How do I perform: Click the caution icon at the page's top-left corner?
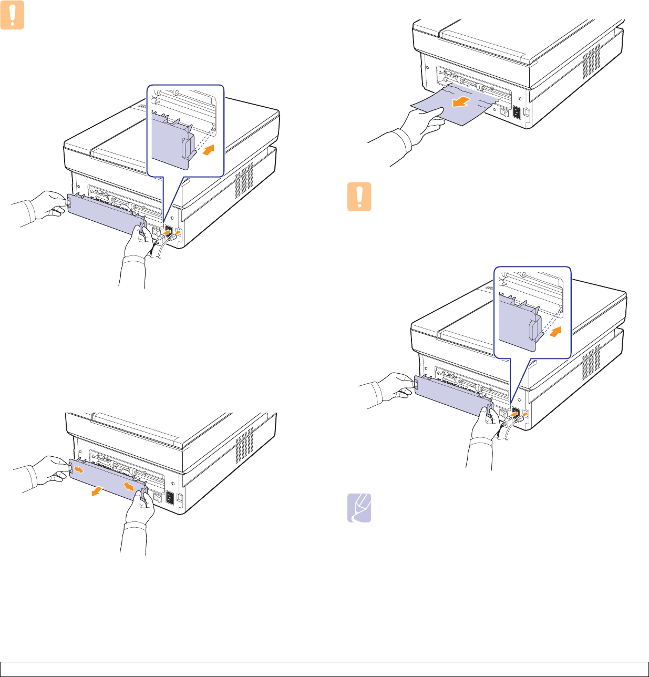pos(12,17)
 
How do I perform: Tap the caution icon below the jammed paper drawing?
pos(359,197)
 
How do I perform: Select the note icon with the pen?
pos(359,508)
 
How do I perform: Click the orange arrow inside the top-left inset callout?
pos(208,150)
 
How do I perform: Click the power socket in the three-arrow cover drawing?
pos(170,497)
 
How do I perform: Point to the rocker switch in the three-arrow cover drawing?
pos(156,495)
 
